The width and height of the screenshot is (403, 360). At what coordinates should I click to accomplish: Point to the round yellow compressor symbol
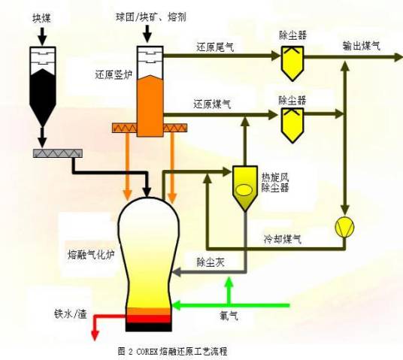[345, 226]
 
